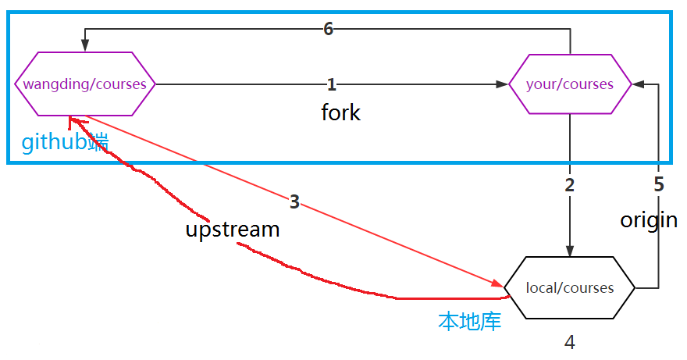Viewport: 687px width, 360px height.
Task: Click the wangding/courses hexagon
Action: pos(85,84)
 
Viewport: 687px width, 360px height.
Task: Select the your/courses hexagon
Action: pos(570,84)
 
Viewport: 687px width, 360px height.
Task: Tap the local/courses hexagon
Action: pos(570,287)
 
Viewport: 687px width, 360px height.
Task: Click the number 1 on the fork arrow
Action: pos(331,84)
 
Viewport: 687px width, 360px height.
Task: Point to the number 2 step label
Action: pos(570,185)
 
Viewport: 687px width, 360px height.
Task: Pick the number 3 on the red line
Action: pos(294,202)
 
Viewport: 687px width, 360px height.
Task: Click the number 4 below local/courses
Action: pos(570,342)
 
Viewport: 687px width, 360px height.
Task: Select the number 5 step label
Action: pos(658,185)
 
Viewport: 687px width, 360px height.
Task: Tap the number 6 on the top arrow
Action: pos(328,29)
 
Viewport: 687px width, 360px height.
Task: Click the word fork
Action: pos(341,112)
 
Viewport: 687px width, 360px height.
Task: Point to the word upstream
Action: pos(233,230)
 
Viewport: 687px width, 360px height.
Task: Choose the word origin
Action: pos(649,220)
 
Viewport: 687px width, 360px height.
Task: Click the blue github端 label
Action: pos(65,143)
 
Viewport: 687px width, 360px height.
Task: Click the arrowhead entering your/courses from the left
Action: pos(502,84)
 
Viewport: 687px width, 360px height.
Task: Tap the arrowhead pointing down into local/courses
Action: pos(570,251)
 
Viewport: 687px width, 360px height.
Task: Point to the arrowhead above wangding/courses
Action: pos(85,47)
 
